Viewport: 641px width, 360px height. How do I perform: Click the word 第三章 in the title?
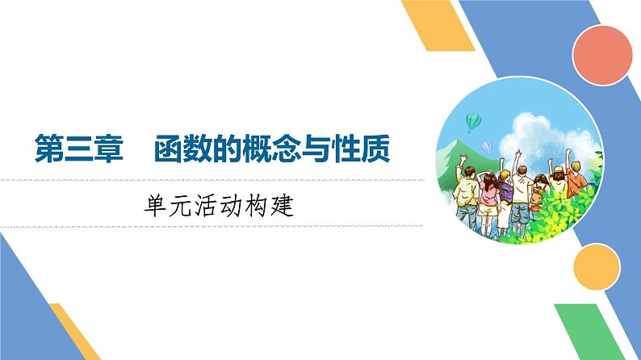(x=78, y=149)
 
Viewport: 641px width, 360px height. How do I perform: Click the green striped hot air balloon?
(x=474, y=121)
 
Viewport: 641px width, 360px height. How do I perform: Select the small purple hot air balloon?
(x=486, y=147)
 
